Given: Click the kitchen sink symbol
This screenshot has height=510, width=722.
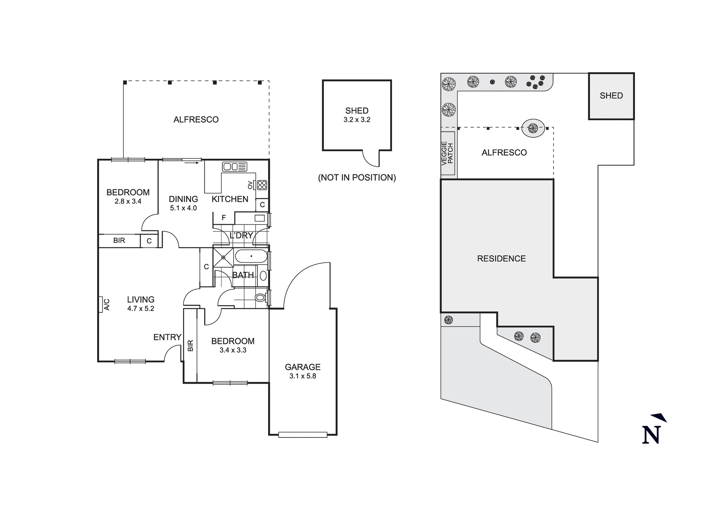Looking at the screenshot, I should click(235, 166).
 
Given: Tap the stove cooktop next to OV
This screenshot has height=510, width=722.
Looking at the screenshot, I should click(262, 185).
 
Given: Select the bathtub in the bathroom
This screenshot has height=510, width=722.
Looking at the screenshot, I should click(251, 257).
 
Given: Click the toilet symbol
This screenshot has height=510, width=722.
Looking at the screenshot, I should click(260, 298).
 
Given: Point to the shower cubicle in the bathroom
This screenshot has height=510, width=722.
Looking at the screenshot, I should click(223, 257).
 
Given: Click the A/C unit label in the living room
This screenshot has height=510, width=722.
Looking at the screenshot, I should click(106, 304).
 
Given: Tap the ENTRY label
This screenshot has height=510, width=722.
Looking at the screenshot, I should click(167, 337).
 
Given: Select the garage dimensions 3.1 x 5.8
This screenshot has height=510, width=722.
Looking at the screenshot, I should click(303, 376).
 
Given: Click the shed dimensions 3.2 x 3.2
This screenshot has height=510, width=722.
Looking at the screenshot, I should click(357, 120).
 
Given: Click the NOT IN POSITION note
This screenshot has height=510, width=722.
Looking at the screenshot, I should click(357, 178).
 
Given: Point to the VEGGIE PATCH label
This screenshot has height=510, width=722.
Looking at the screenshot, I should click(447, 153).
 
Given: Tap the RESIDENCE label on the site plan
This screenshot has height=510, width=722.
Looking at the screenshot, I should click(501, 258).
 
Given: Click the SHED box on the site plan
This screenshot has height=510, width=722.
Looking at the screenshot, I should click(611, 96).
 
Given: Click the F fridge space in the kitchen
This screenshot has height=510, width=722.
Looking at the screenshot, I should click(224, 218).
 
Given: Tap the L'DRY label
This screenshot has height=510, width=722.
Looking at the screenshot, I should click(241, 235).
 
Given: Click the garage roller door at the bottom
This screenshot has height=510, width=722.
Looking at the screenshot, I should click(303, 435).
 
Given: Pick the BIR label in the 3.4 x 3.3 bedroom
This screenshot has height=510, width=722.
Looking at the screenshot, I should click(191, 345).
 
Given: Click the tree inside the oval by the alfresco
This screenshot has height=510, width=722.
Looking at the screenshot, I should click(533, 128).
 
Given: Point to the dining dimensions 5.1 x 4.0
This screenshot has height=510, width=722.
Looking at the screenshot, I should click(183, 208).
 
